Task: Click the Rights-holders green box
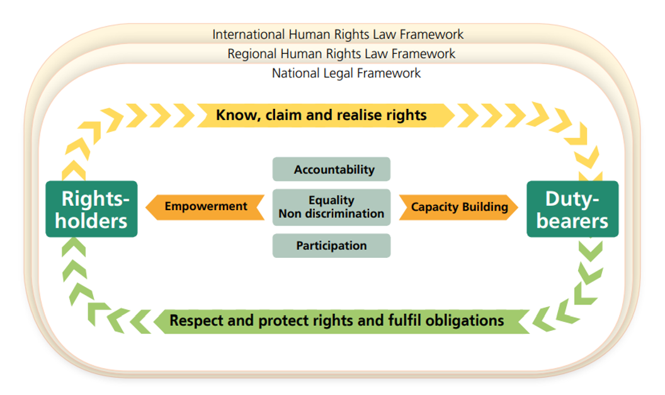[x=91, y=209]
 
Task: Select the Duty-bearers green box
[x=572, y=209]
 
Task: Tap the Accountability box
[x=331, y=169]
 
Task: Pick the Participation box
[x=331, y=245]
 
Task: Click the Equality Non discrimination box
[x=331, y=207]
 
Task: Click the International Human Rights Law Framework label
[x=338, y=34]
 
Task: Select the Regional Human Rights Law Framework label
[x=341, y=53]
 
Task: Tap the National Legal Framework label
[x=346, y=73]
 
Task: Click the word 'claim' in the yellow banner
[x=283, y=115]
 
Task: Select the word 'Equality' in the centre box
[x=331, y=200]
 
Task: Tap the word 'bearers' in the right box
[x=572, y=221]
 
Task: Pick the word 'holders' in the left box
[x=94, y=221]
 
